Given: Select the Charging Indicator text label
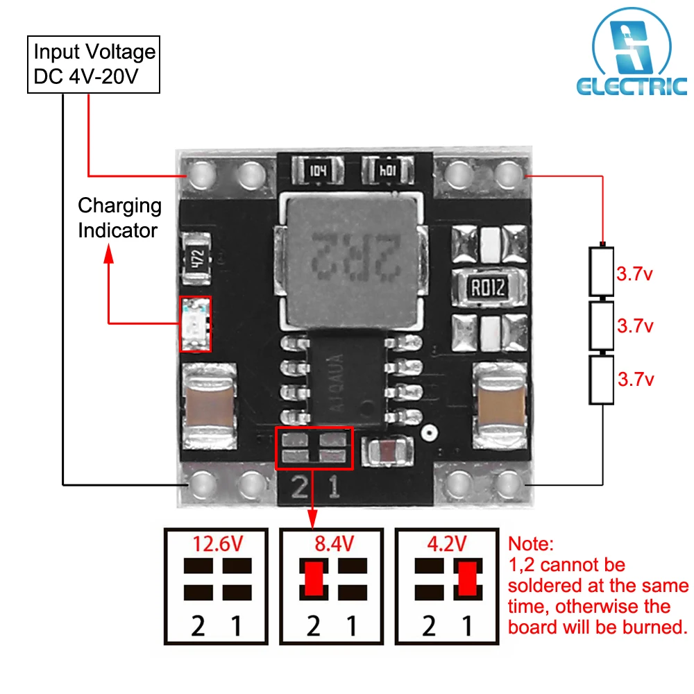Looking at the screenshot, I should [x=119, y=218].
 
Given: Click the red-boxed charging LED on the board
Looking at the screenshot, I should [x=195, y=324].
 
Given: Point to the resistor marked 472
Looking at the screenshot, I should [x=197, y=257].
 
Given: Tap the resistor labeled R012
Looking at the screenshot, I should [x=487, y=287].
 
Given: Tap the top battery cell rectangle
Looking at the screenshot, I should [x=601, y=271].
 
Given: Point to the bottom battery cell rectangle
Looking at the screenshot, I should [x=601, y=380].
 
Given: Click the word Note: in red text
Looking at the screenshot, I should [x=532, y=544].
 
